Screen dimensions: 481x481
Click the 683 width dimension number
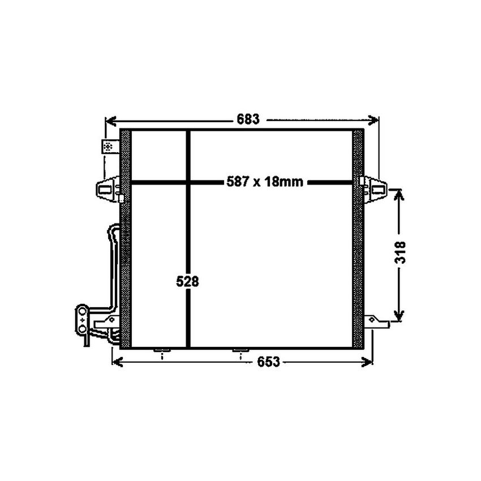pos(247,119)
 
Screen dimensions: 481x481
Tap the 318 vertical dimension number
pos(400,252)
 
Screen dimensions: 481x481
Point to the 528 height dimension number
pos(187,281)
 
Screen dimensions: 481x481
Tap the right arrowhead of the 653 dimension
pos(368,362)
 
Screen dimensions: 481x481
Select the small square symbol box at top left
pos(108,147)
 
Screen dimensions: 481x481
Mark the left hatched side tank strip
pos(126,238)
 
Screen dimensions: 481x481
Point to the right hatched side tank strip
pos(358,238)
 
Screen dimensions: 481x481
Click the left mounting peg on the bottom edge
pos(162,352)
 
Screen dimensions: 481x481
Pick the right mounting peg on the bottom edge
pos(242,352)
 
